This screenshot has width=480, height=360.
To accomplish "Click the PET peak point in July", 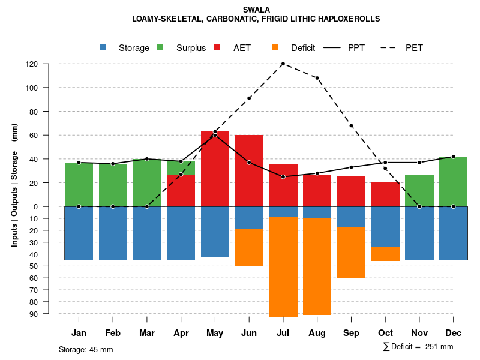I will point(283,64).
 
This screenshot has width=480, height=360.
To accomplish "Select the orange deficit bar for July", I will point(283,266).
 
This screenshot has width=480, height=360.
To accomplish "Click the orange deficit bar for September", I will point(352,253).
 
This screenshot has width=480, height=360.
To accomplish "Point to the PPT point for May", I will point(215,135).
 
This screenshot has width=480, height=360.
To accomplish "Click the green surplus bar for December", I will point(453,181).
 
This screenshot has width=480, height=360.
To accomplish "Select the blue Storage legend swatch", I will point(103,47).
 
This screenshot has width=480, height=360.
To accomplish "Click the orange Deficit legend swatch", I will point(275,47).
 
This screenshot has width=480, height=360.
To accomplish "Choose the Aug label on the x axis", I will point(317,333).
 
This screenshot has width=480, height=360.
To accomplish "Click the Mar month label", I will point(147,333).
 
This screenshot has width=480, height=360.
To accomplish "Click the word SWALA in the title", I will point(256,10).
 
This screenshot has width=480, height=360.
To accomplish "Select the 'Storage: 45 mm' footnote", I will point(86,349).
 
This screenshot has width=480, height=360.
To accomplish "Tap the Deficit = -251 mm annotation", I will point(418,347).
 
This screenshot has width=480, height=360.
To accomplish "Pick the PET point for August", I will point(317,78).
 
